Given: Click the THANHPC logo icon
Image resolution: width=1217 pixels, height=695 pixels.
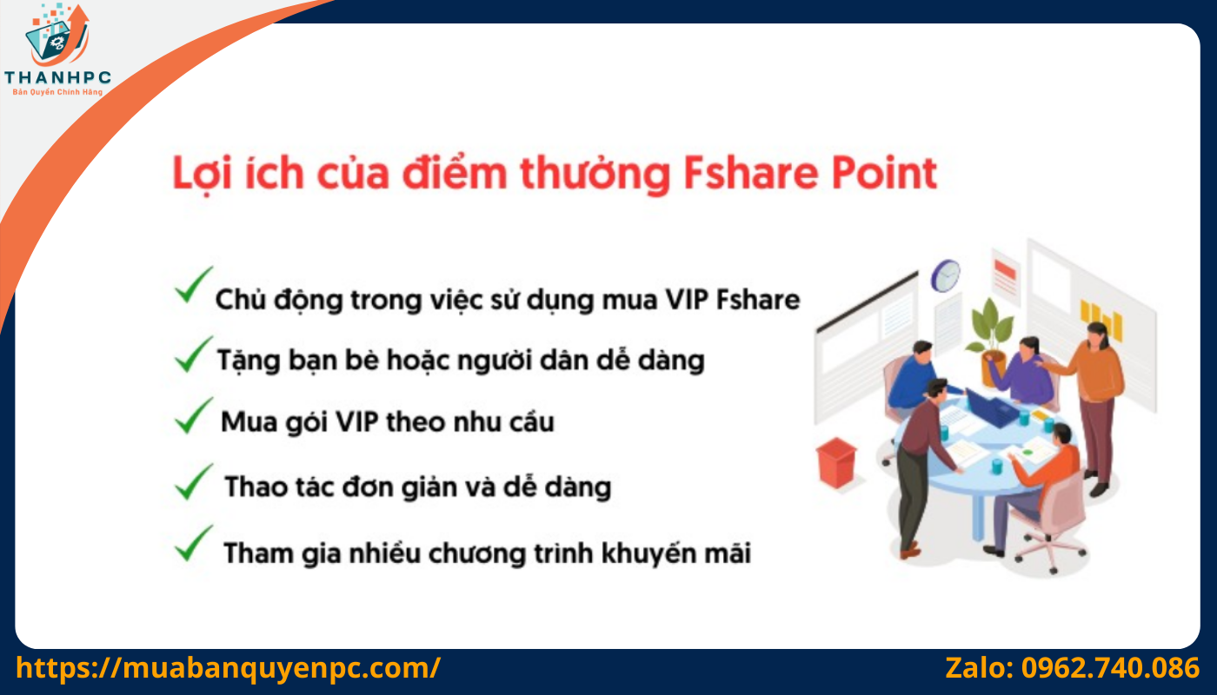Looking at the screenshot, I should click(x=56, y=35).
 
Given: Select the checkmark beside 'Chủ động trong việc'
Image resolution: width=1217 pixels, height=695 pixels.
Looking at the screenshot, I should click(x=192, y=286).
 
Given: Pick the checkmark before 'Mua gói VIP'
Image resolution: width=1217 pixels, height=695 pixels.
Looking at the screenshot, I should click(x=192, y=416).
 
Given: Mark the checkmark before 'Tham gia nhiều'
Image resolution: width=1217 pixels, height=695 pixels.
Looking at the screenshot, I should click(x=192, y=544).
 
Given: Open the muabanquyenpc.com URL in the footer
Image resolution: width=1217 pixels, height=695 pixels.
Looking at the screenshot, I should click(x=229, y=668).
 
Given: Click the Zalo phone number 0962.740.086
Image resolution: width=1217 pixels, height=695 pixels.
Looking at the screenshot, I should click(x=1110, y=668).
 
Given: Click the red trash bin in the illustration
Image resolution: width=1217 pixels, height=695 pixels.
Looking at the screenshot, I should click(x=836, y=463).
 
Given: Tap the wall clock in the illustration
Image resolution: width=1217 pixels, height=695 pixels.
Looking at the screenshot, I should click(x=945, y=275).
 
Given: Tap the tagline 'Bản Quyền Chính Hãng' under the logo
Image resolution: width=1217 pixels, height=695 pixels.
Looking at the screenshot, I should click(x=57, y=91).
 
